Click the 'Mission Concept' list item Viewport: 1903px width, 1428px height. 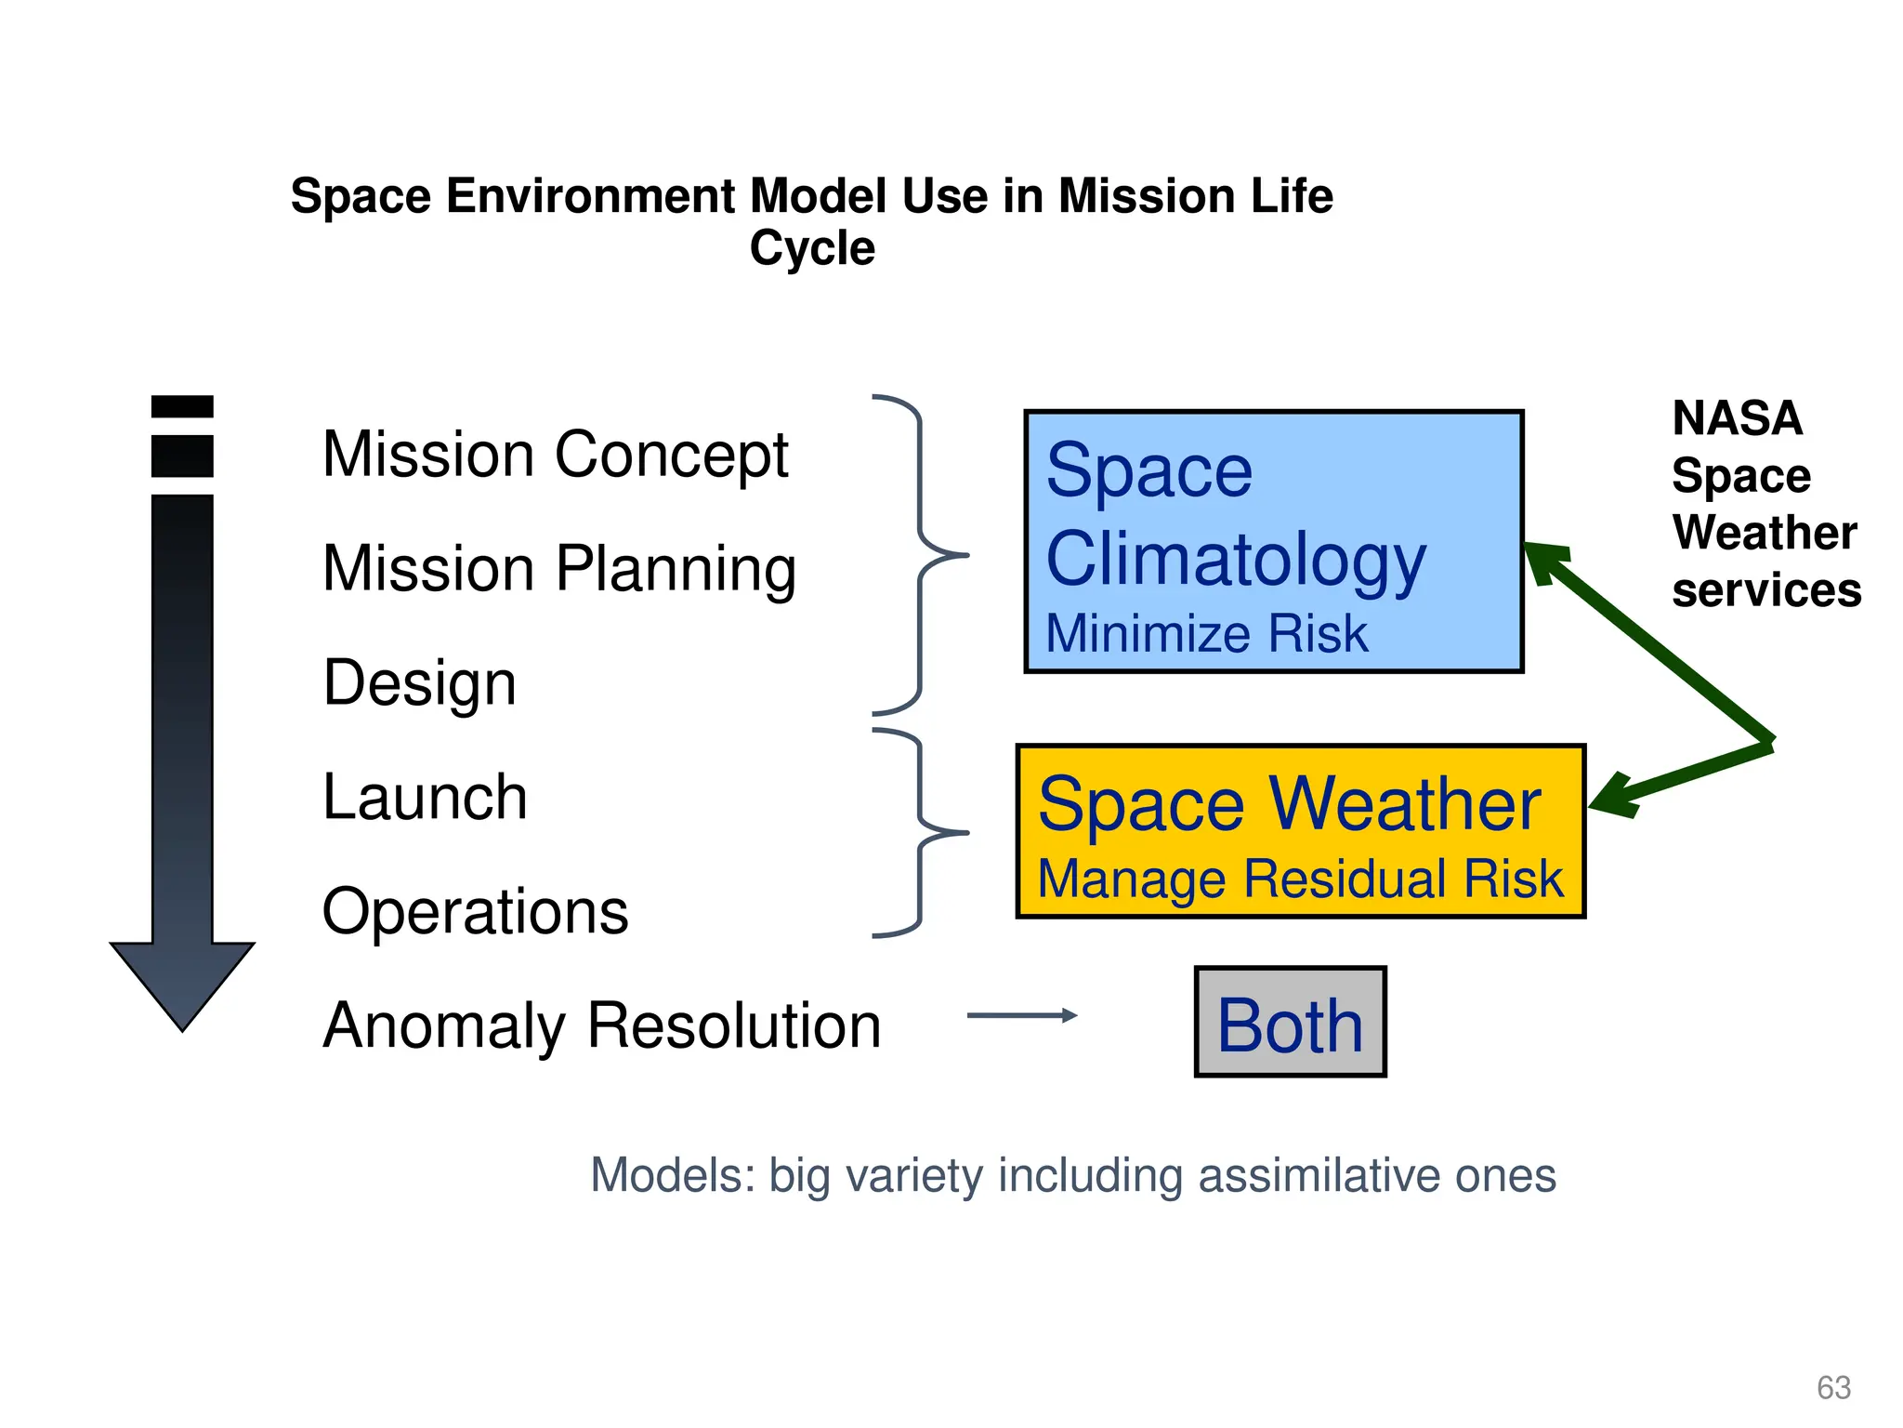pos(555,456)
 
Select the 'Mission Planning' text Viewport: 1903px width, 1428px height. pos(558,569)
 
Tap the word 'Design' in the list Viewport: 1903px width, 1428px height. pos(419,683)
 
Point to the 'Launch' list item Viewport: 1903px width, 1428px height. pos(425,798)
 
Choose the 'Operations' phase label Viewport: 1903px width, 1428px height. pos(475,912)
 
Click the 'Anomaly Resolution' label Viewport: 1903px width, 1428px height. pos(601,1026)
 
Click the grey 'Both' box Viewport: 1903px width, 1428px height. pos(1290,1023)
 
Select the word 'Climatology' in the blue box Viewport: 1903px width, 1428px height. pos(1235,560)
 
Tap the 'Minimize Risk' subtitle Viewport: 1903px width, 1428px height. pos(1206,635)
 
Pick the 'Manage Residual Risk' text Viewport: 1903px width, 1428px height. pos(1300,879)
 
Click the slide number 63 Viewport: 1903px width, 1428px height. pos(1833,1387)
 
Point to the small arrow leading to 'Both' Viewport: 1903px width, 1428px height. pos(1021,1015)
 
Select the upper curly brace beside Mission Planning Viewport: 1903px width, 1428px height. pos(921,555)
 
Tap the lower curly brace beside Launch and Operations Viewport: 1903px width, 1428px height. pos(921,833)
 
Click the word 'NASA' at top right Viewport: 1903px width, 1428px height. pos(1737,418)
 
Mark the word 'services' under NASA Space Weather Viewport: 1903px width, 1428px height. pos(1765,591)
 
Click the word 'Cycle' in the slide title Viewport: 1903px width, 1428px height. pos(812,249)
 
